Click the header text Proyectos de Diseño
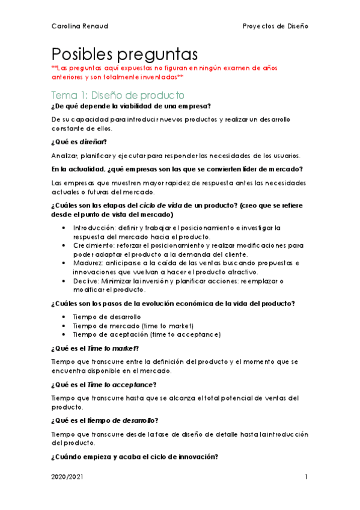click(x=275, y=26)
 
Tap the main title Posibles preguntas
click(x=125, y=54)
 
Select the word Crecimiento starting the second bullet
click(x=91, y=245)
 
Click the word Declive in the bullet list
click(x=85, y=281)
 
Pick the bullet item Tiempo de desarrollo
click(x=107, y=316)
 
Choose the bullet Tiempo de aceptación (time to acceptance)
click(x=147, y=334)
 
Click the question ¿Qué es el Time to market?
click(x=96, y=348)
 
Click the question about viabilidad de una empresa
click(x=136, y=106)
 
